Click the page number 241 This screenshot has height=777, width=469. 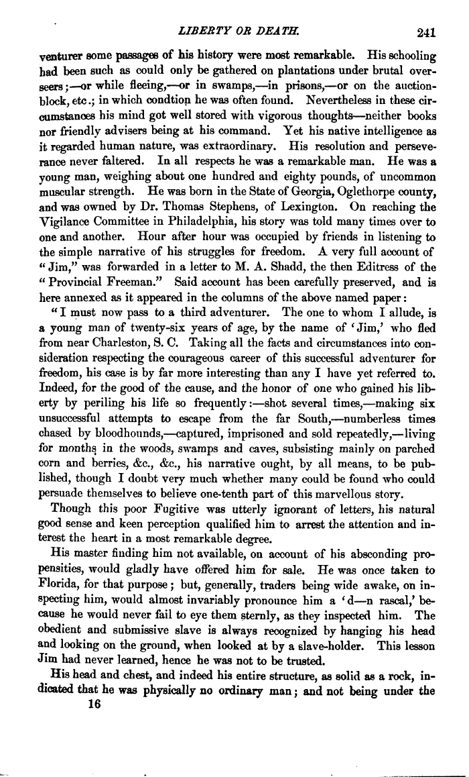425,30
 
